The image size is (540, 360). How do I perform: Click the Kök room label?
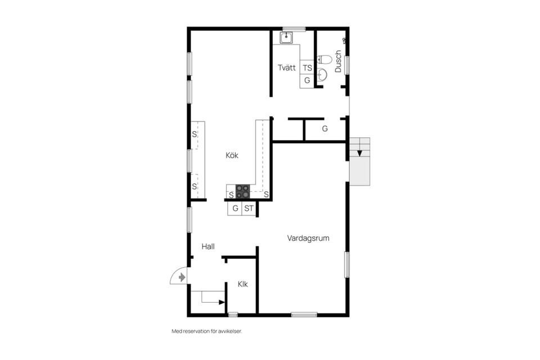[232, 155]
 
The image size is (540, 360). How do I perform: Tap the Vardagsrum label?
[308, 238]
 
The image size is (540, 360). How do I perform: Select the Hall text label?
[208, 246]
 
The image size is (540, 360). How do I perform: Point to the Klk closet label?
[243, 284]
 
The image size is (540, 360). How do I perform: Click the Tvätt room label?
[287, 67]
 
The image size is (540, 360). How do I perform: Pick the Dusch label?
[338, 61]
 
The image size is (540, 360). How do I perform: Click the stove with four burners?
[243, 192]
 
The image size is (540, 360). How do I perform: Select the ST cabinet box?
[249, 209]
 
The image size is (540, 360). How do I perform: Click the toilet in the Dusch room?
[324, 60]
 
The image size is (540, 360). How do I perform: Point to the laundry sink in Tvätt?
[286, 37]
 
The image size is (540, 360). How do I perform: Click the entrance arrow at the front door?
[182, 277]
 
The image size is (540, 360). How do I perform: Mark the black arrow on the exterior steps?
[359, 152]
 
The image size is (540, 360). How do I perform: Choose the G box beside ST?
[235, 209]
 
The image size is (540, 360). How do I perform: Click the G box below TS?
[307, 80]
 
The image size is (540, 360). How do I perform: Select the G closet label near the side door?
[325, 129]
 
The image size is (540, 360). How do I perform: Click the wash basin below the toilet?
[322, 74]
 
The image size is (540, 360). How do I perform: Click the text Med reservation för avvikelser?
[207, 331]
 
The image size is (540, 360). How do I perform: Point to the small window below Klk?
[233, 314]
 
